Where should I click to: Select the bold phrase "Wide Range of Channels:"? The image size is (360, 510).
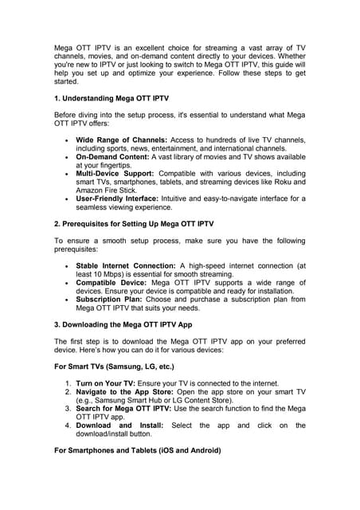[120, 140]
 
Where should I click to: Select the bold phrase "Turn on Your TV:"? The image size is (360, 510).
[109, 384]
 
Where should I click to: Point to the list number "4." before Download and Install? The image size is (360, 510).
[68, 425]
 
